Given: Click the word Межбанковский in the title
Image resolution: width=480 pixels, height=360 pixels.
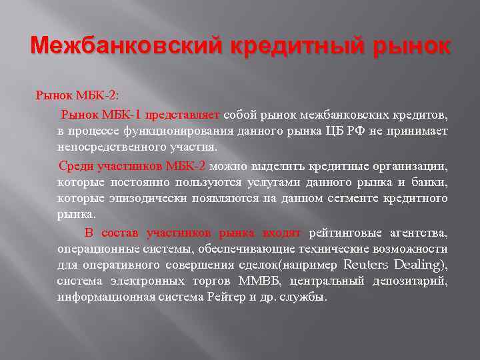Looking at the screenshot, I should [127, 47].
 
